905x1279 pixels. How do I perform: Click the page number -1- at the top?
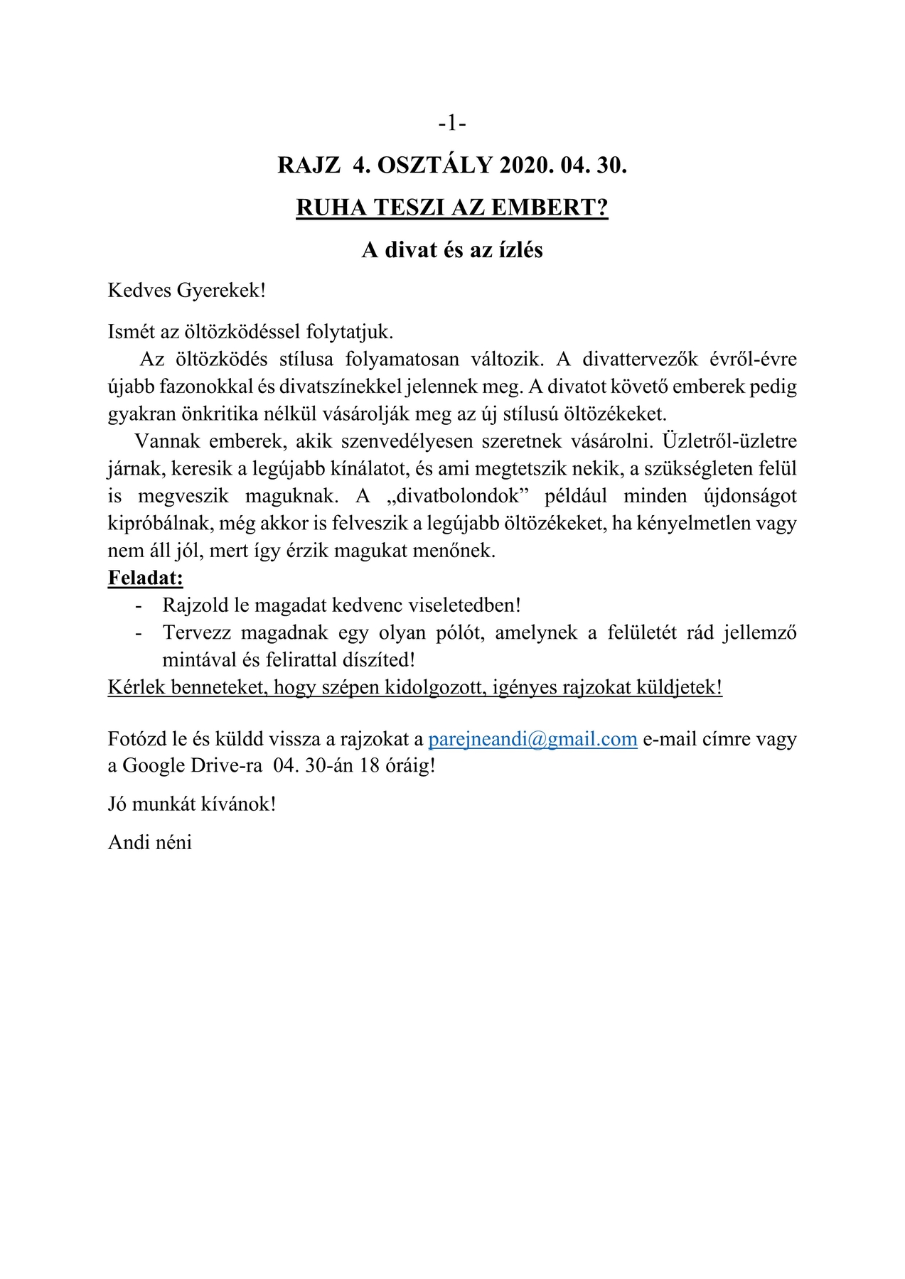pos(452,124)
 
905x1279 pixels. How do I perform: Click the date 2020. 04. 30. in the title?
pos(564,166)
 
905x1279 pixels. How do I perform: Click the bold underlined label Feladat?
pos(146,578)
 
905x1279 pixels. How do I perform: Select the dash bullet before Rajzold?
pos(139,605)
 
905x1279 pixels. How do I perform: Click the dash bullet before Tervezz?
pos(139,632)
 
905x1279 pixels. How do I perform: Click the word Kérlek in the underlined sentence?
pos(132,687)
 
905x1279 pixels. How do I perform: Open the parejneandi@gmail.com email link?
pos(532,739)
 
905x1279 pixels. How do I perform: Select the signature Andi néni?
pos(150,842)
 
